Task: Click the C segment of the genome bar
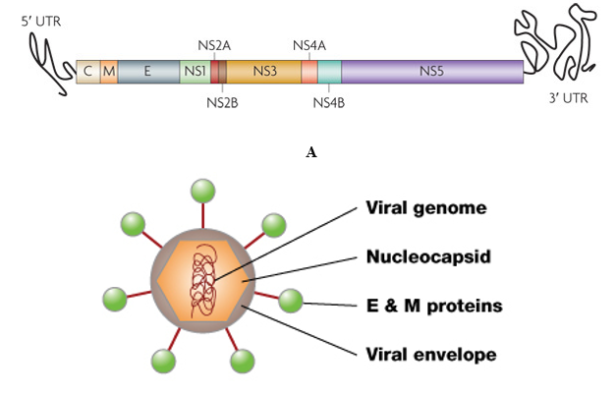[87, 71]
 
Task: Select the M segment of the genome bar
[108, 71]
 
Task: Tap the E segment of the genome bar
[147, 71]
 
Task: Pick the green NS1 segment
[194, 71]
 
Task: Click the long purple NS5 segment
[432, 71]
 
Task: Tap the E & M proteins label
[433, 306]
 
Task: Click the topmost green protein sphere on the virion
[202, 189]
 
